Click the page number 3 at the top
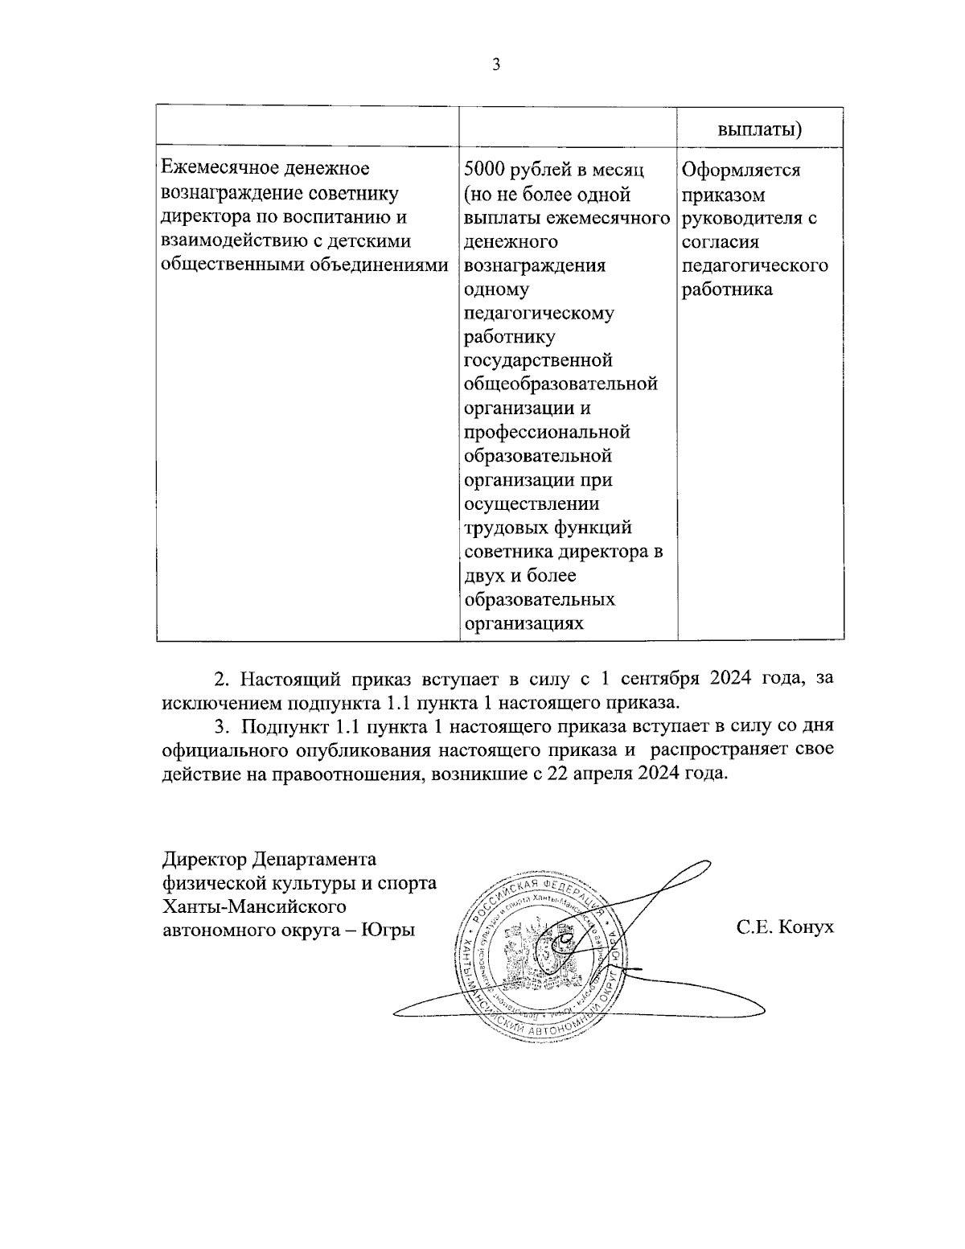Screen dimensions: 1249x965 coord(495,65)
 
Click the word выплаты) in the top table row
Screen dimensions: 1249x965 coord(761,130)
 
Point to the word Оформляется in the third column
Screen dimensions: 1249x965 coord(741,171)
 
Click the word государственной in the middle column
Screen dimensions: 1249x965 coord(539,360)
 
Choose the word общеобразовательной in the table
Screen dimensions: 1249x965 coord(561,384)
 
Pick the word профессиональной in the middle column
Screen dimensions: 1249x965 coord(547,432)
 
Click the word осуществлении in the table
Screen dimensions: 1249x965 coord(532,504)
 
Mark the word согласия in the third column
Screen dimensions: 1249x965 coord(721,242)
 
